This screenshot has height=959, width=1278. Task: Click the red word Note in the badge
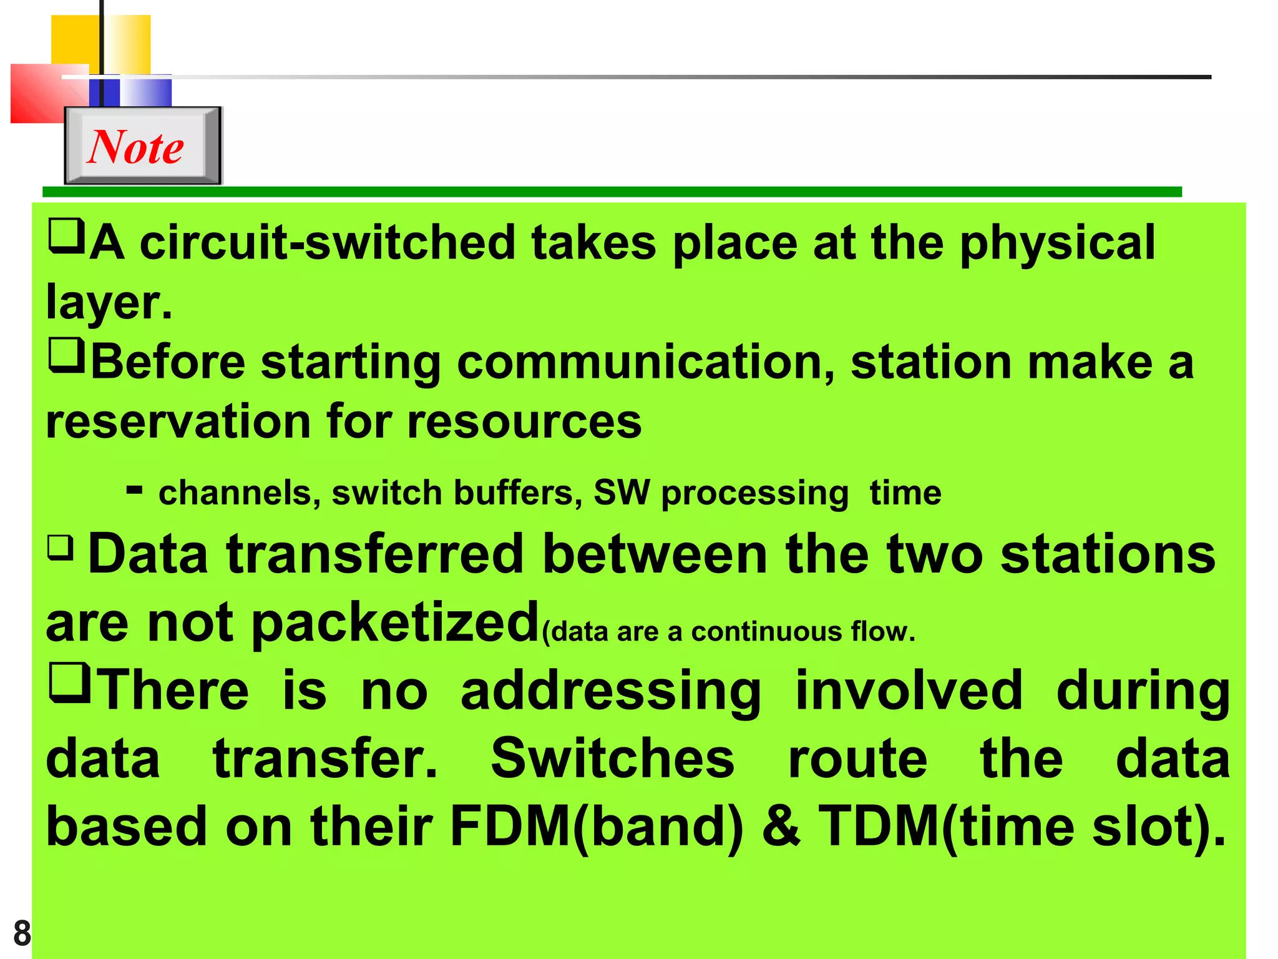point(135,147)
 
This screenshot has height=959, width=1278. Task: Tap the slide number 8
point(22,933)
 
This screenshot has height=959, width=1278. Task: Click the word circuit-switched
point(328,243)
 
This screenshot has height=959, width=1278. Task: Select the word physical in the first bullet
point(1057,244)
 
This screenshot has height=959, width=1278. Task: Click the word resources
point(524,423)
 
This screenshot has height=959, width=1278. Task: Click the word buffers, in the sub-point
point(518,493)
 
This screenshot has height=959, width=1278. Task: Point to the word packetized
point(395,624)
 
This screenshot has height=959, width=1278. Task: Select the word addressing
point(611,692)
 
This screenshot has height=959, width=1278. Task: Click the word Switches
point(612,759)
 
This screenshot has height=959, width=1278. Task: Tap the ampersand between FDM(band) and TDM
point(781,826)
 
